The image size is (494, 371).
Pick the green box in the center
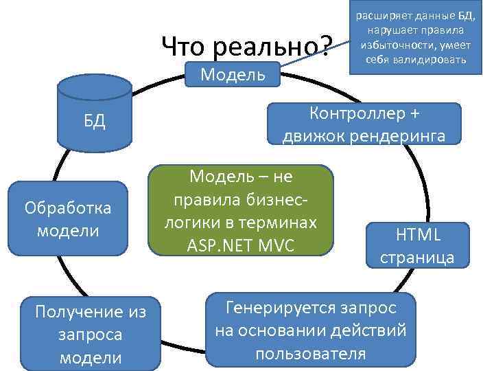(240, 210)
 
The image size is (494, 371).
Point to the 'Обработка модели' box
(67, 217)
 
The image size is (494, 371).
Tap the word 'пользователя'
(311, 354)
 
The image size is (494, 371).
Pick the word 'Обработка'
(67, 206)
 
